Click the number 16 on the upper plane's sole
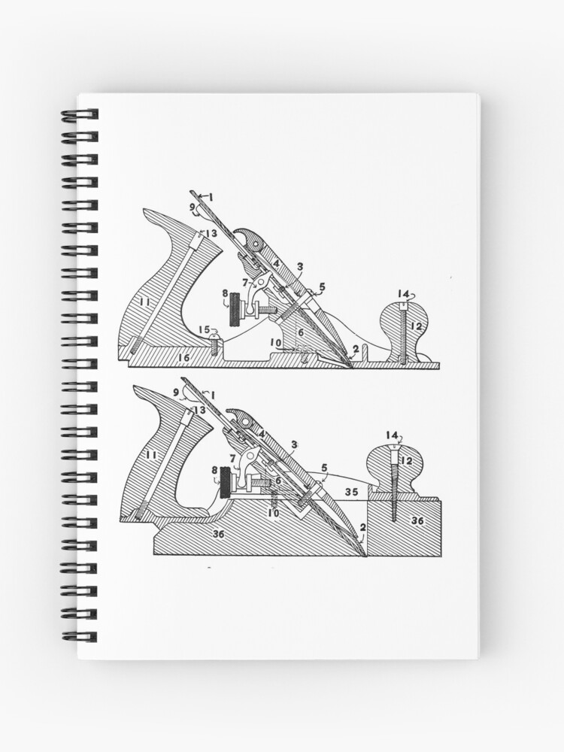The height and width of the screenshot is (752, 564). click(x=184, y=358)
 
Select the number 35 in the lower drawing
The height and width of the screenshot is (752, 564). click(x=352, y=492)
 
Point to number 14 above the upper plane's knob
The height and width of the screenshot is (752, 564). click(x=403, y=293)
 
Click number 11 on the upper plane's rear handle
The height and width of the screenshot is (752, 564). click(x=145, y=302)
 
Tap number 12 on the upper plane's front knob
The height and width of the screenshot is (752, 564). click(x=417, y=326)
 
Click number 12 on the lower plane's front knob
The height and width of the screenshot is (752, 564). click(x=406, y=461)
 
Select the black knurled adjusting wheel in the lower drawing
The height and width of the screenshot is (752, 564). click(x=226, y=484)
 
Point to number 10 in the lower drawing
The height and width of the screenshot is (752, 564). click(x=274, y=513)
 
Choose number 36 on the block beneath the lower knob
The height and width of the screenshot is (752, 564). click(x=417, y=521)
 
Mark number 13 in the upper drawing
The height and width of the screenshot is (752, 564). click(x=211, y=233)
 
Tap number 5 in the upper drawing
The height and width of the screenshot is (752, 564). click(x=323, y=287)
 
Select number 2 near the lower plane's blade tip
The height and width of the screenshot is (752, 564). click(x=363, y=526)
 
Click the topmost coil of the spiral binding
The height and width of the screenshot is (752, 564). click(x=80, y=114)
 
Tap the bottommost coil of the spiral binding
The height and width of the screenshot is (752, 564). click(x=80, y=636)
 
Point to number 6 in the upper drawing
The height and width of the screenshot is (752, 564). click(x=301, y=332)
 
